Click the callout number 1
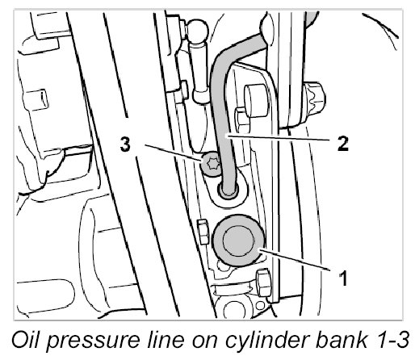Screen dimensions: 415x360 pyautogui.click(x=343, y=278)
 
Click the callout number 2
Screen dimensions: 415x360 pyautogui.click(x=343, y=144)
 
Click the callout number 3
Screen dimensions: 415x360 pyautogui.click(x=125, y=144)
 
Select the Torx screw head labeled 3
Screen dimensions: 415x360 pyautogui.click(x=211, y=164)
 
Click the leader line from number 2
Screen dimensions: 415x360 pyautogui.click(x=279, y=138)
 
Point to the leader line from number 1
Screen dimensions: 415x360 pyautogui.click(x=295, y=260)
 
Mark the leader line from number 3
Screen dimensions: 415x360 pyautogui.click(x=174, y=153)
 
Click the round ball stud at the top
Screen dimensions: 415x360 pyautogui.click(x=199, y=31)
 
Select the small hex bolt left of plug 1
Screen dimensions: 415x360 pyautogui.click(x=203, y=232)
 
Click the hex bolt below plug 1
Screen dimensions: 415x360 pyautogui.click(x=263, y=283)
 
